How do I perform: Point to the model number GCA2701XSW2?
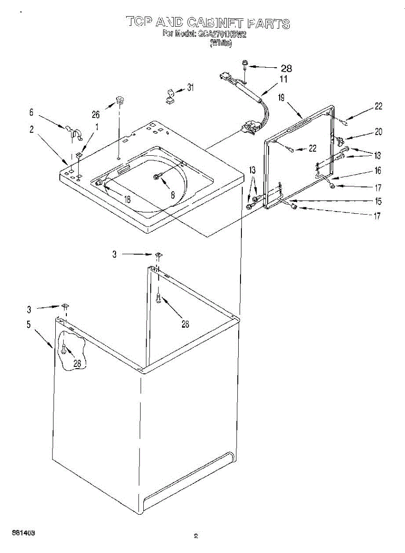[x=223, y=34]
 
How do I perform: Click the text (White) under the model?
[x=221, y=43]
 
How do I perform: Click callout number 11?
[x=283, y=79]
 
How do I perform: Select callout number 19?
[x=282, y=97]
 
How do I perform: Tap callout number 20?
[x=378, y=132]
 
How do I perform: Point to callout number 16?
[x=377, y=171]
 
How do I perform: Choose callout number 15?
[x=377, y=201]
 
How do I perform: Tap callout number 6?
[x=31, y=112]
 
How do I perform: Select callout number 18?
[x=127, y=199]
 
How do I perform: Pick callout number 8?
[x=172, y=195]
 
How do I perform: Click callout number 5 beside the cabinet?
[x=29, y=325]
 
